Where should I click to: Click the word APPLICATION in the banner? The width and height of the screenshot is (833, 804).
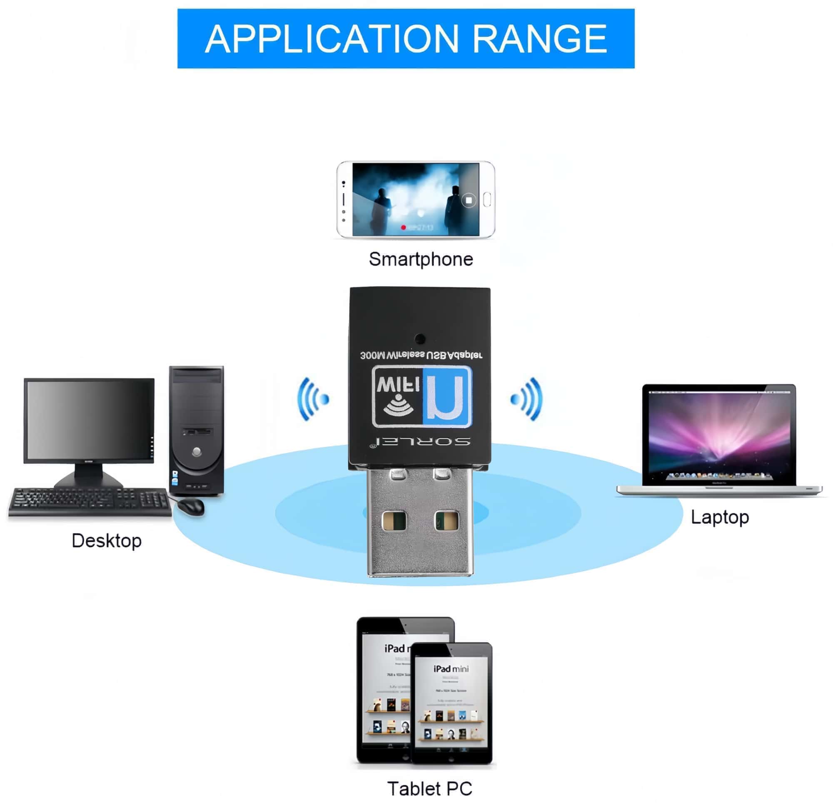[332, 39]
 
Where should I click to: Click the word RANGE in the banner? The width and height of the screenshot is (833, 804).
[539, 39]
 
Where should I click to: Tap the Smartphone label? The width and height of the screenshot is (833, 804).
[421, 259]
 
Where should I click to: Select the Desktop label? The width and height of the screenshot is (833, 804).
[107, 541]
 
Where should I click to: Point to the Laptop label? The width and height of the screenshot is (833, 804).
[720, 517]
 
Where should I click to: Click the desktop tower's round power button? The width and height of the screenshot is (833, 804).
[196, 451]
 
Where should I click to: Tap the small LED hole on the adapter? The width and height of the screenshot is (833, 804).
[420, 339]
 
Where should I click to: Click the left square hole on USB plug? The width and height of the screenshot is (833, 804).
[394, 520]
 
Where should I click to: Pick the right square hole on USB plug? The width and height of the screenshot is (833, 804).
[446, 520]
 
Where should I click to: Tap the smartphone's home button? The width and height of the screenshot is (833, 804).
[487, 199]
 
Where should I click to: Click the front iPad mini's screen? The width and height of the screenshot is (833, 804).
[451, 705]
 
